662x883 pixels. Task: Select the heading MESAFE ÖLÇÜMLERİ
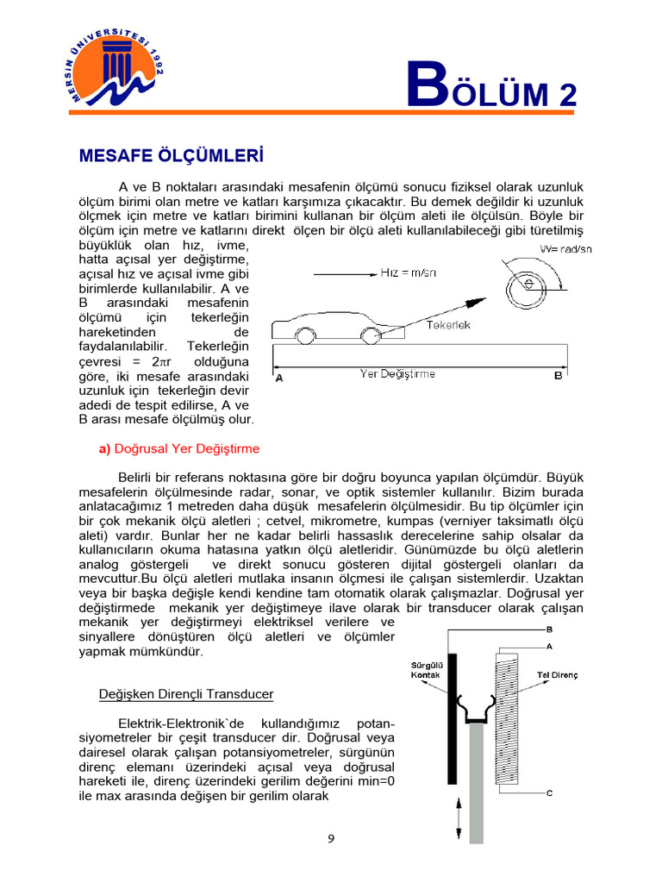click(x=170, y=156)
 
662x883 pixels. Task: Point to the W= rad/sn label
click(x=566, y=249)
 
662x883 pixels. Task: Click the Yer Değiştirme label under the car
click(x=397, y=374)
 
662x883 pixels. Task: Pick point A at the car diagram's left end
click(x=278, y=377)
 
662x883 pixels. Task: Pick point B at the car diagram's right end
click(x=558, y=376)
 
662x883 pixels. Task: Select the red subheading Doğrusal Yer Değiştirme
click(x=179, y=449)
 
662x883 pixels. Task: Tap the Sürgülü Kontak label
click(x=425, y=671)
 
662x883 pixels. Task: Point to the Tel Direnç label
click(x=557, y=673)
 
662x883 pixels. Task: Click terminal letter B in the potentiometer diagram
click(x=550, y=629)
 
